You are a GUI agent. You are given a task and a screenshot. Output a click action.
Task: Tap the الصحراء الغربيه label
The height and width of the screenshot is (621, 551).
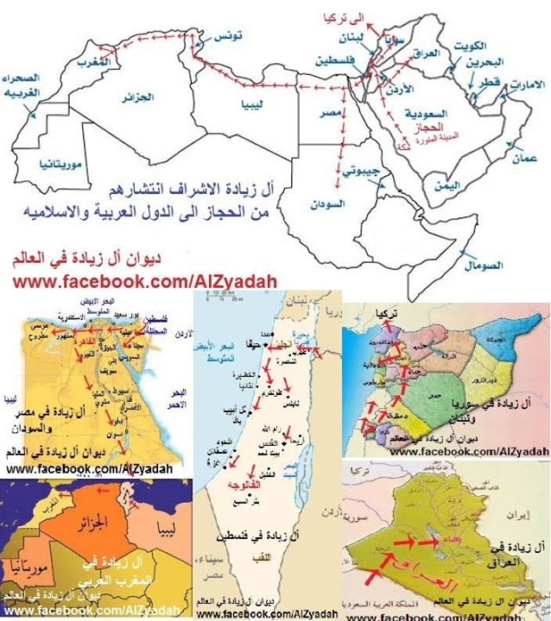26,86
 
